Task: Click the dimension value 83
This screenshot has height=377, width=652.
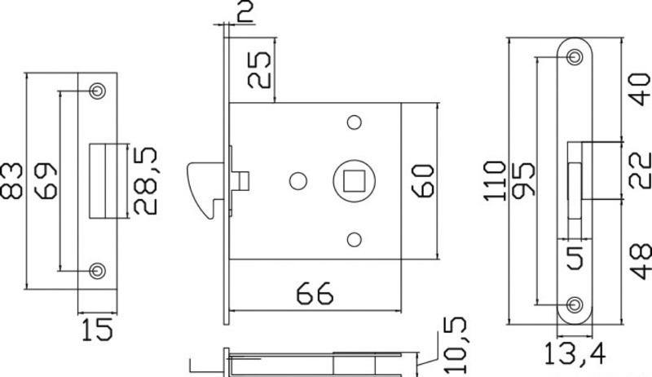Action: point(11,180)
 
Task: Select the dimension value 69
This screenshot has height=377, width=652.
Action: point(46,180)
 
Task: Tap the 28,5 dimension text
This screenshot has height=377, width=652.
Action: point(145,180)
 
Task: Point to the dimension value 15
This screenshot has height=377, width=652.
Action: point(97,329)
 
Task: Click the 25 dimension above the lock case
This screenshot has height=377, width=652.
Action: point(259,69)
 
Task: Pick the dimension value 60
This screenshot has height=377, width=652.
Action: point(422,180)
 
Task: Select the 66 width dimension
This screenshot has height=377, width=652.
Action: point(315,294)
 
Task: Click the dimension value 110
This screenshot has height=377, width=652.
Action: point(495,180)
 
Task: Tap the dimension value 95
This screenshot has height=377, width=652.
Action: point(522,180)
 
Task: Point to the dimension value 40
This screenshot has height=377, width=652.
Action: point(641,90)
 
